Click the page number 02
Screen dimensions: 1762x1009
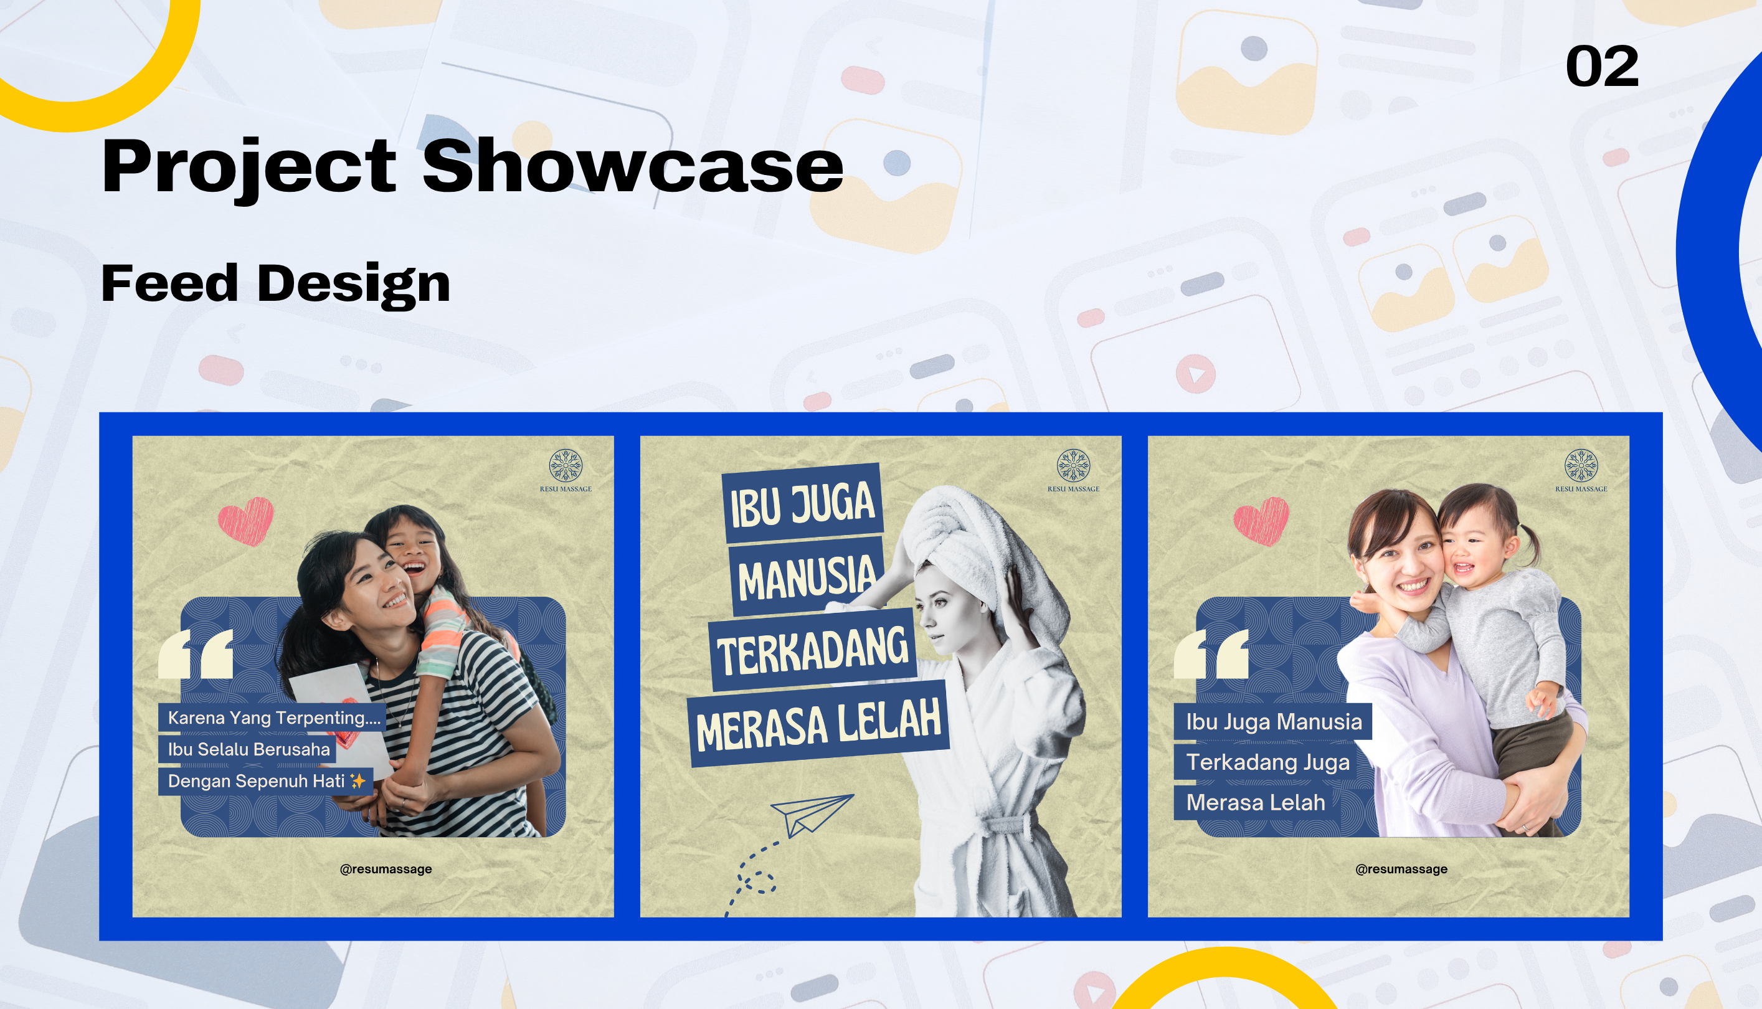pyautogui.click(x=1602, y=67)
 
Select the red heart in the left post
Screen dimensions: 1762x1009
pyautogui.click(x=246, y=521)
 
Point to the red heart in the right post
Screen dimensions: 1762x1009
pyautogui.click(x=1261, y=521)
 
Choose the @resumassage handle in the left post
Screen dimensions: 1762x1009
pyautogui.click(x=386, y=869)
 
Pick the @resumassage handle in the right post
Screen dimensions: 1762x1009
pyautogui.click(x=1401, y=869)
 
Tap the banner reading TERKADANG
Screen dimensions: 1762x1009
pyautogui.click(x=812, y=650)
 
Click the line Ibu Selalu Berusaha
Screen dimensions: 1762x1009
pyautogui.click(x=247, y=749)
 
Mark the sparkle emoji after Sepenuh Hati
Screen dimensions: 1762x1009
pyautogui.click(x=358, y=781)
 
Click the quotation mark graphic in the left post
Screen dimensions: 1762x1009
pyautogui.click(x=196, y=653)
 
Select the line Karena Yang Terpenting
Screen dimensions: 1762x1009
pyautogui.click(x=272, y=718)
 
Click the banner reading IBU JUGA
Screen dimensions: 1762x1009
pyautogui.click(x=802, y=504)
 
